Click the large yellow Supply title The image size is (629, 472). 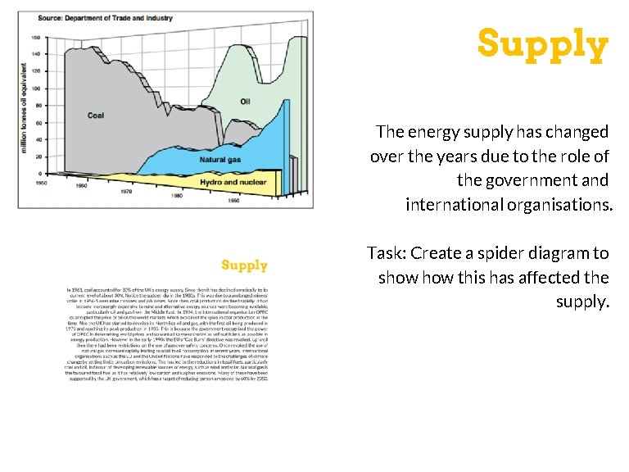tap(543, 44)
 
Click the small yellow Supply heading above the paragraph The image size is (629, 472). tap(244, 265)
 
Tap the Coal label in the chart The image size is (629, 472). tap(96, 116)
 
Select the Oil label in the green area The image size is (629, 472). tap(245, 101)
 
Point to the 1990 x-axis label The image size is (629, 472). tap(234, 200)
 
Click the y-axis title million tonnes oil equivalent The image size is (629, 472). tap(24, 111)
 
